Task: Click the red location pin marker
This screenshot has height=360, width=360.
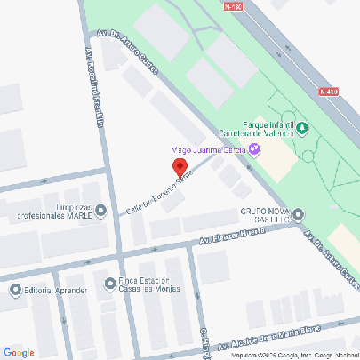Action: (x=178, y=168)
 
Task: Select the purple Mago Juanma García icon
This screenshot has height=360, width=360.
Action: (x=255, y=148)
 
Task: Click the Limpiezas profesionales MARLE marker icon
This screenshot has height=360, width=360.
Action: (x=100, y=211)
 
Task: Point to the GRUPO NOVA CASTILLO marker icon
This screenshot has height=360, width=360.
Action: (x=298, y=213)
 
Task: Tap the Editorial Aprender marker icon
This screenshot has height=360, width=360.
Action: (x=15, y=290)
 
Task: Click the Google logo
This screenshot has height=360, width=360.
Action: (x=18, y=351)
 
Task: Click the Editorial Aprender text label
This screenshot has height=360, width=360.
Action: (x=54, y=291)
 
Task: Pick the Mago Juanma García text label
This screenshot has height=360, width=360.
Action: (x=209, y=149)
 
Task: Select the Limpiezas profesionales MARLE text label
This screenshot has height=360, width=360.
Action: (x=55, y=212)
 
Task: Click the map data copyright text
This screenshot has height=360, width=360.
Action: (x=293, y=355)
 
